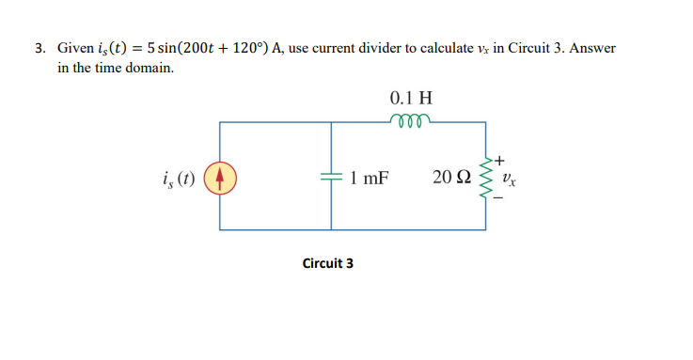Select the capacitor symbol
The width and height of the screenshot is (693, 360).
(331, 176)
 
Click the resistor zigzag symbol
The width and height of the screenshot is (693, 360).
(486, 176)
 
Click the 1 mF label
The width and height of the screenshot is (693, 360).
(368, 177)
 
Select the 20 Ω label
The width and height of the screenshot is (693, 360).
(451, 177)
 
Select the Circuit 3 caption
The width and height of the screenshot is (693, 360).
(328, 263)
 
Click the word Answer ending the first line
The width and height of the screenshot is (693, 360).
(594, 47)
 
